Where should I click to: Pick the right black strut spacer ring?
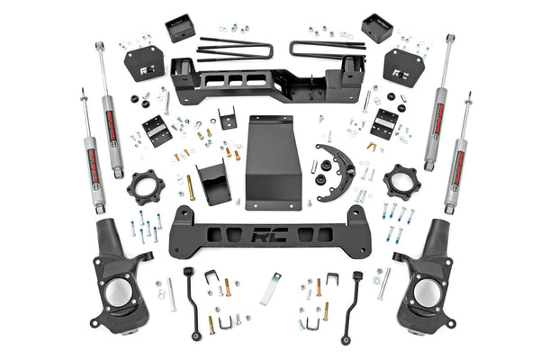400,184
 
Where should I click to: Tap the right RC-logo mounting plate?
403,66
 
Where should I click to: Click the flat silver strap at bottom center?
270,289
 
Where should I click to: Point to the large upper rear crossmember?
266,81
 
